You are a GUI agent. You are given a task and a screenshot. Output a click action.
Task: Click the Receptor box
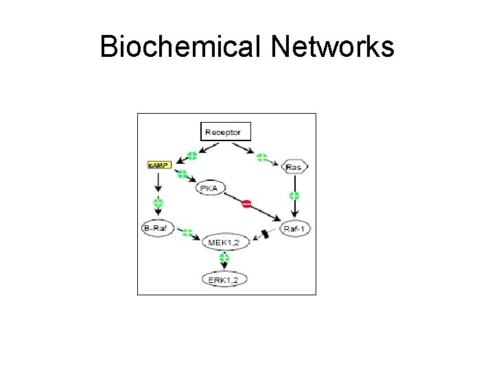226,131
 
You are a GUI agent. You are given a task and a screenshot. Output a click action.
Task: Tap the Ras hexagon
294,166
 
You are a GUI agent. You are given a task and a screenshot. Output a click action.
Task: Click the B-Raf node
157,228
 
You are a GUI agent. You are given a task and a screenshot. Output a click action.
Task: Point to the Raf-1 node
295,228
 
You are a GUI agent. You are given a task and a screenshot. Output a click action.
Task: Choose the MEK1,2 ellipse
224,242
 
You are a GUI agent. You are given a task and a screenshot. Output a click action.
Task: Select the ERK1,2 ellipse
224,278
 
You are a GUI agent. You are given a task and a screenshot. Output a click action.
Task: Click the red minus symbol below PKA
247,203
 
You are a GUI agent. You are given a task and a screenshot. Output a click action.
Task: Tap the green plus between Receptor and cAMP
191,156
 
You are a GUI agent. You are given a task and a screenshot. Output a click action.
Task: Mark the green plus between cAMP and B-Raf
158,203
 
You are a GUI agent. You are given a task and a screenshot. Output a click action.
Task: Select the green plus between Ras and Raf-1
294,196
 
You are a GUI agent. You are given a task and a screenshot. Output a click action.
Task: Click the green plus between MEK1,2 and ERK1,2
224,258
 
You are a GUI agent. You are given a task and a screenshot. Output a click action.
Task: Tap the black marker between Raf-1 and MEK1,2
265,234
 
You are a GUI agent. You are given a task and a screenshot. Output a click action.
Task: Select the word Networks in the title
332,47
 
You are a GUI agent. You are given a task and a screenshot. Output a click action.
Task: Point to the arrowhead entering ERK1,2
224,268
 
